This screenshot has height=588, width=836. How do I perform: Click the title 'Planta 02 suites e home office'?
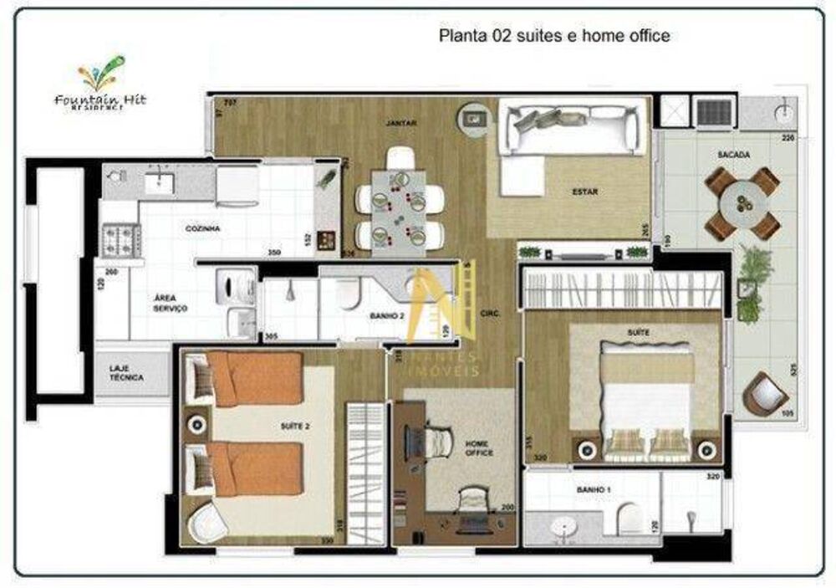(554, 36)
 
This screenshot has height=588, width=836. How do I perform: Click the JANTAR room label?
(401, 123)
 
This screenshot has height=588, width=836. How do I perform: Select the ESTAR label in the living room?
(585, 192)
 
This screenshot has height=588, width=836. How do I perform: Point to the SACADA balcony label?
(733, 155)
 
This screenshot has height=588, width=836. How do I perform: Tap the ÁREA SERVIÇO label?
(170, 303)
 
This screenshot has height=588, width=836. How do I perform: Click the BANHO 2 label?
(387, 316)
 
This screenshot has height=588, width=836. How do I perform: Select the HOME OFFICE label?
(479, 447)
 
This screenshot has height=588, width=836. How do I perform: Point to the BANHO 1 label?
(592, 489)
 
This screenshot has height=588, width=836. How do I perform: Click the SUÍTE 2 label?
(295, 427)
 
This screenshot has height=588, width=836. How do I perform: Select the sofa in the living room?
(574, 125)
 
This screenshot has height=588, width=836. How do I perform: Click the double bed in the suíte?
(646, 397)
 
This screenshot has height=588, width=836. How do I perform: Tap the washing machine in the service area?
(234, 287)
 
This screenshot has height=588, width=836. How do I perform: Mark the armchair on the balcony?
(765, 393)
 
